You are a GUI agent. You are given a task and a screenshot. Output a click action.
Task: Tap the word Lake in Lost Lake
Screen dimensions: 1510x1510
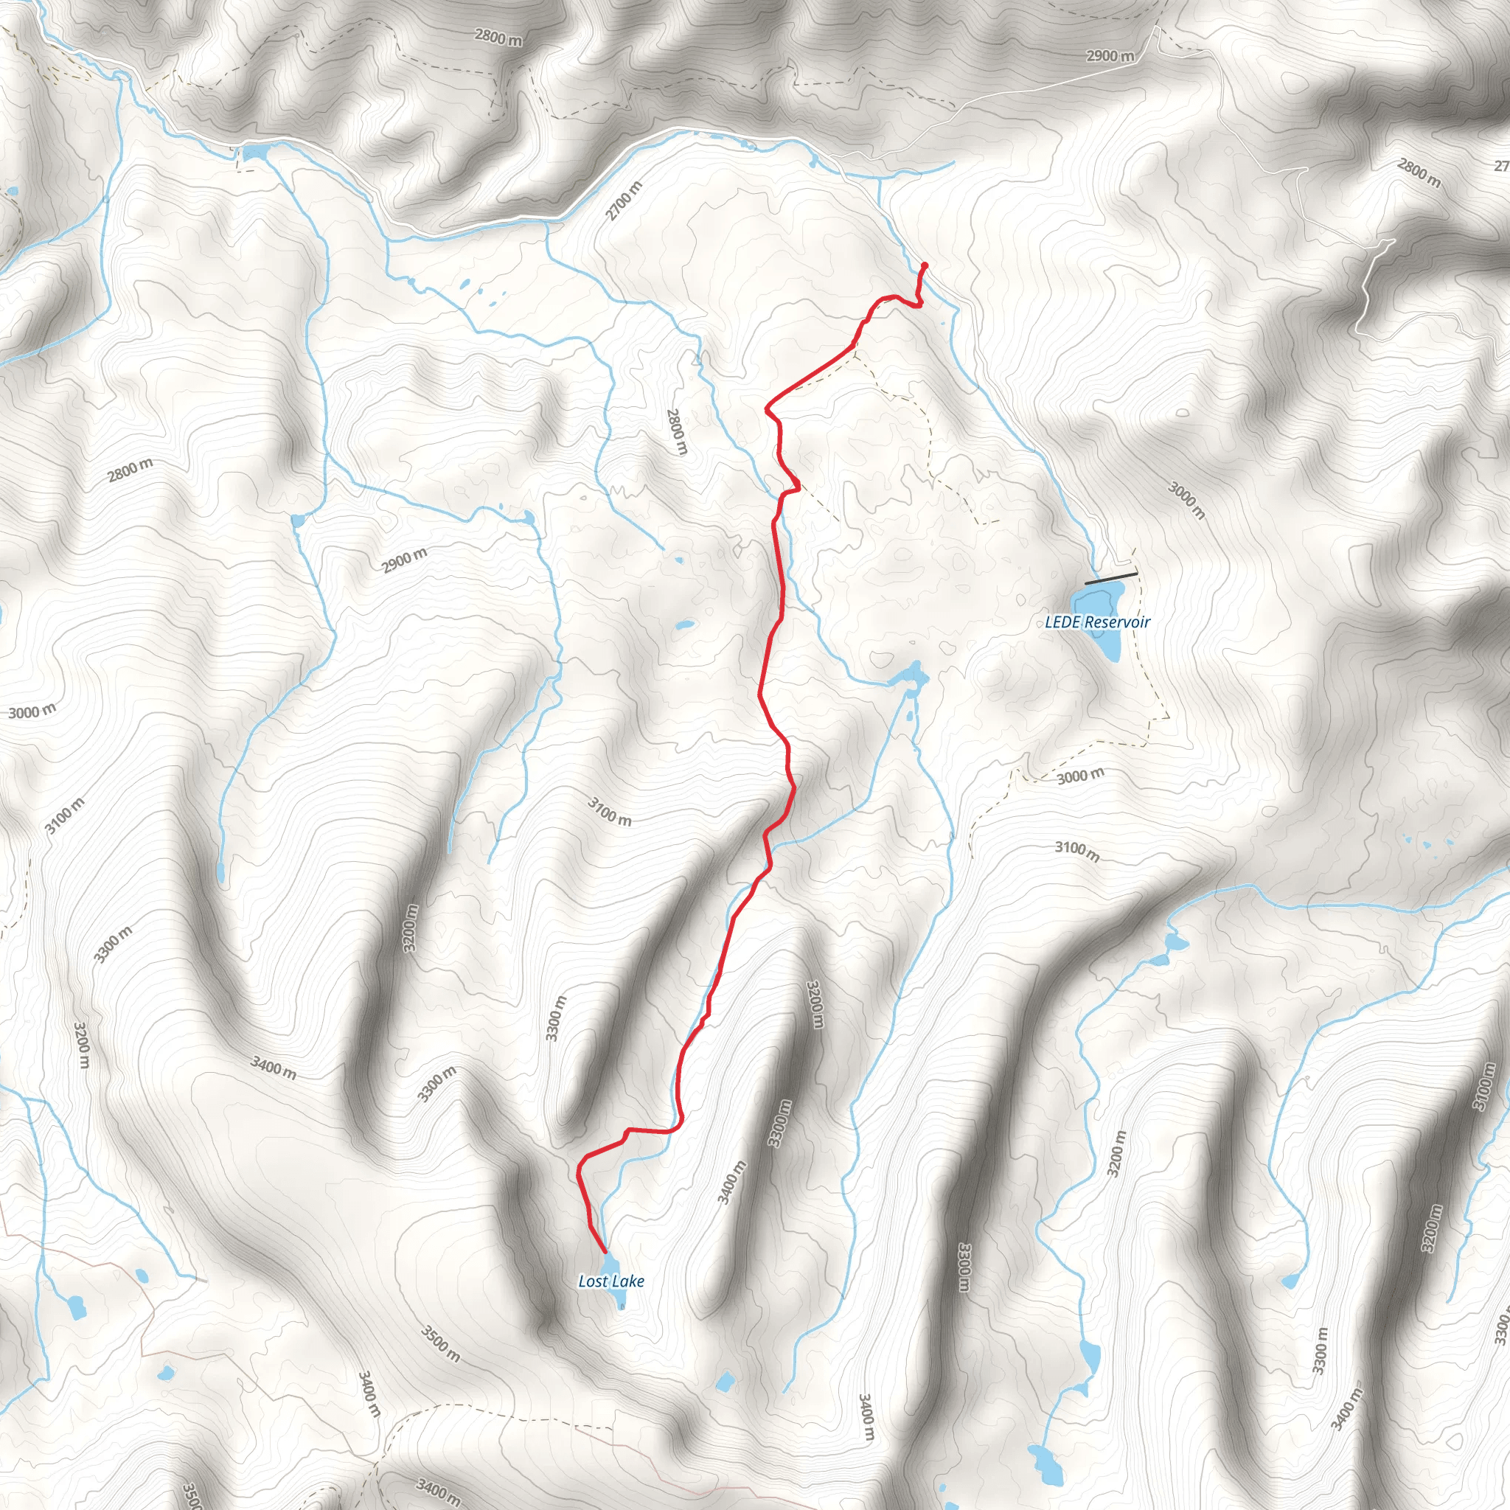(628, 1281)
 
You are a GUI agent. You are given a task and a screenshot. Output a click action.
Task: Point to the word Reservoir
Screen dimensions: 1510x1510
(1117, 622)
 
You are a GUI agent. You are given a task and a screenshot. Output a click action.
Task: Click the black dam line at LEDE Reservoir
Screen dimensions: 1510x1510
(1110, 578)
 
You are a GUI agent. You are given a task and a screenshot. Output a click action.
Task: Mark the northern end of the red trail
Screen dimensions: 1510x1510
(925, 265)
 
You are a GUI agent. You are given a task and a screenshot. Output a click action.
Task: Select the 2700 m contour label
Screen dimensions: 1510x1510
(624, 200)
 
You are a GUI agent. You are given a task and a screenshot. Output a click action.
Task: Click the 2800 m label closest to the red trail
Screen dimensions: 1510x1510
(677, 431)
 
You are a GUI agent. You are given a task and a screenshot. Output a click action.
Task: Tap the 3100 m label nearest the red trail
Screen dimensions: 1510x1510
(610, 810)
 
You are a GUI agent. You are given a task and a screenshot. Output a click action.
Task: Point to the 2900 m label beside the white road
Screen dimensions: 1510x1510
(1110, 56)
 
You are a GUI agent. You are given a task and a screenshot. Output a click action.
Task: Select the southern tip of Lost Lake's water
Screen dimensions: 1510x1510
(622, 1307)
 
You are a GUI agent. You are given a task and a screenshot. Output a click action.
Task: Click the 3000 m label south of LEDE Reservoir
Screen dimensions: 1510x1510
(1081, 776)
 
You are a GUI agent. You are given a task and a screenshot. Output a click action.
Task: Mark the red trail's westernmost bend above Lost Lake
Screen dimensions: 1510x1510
(578, 1172)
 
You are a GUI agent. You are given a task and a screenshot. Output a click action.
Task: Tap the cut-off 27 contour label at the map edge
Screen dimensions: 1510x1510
(1500, 166)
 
